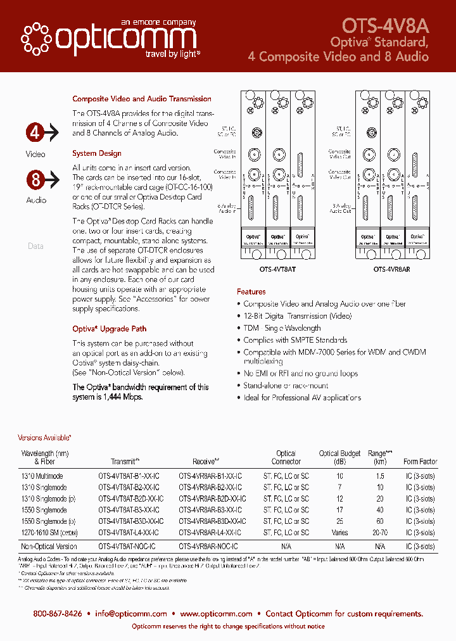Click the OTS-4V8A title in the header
(x=385, y=25)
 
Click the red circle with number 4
(x=35, y=133)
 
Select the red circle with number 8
(x=35, y=179)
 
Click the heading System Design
(x=97, y=153)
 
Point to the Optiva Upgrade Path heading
(x=109, y=329)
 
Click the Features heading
(x=251, y=292)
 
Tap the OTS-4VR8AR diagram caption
(x=391, y=269)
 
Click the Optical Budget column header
(x=339, y=454)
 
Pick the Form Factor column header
(x=420, y=462)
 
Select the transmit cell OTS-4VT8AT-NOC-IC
(x=127, y=546)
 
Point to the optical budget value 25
(x=339, y=521)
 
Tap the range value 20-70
(x=380, y=533)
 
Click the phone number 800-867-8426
(x=58, y=614)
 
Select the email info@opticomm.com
(x=131, y=614)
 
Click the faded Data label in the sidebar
(x=35, y=246)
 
